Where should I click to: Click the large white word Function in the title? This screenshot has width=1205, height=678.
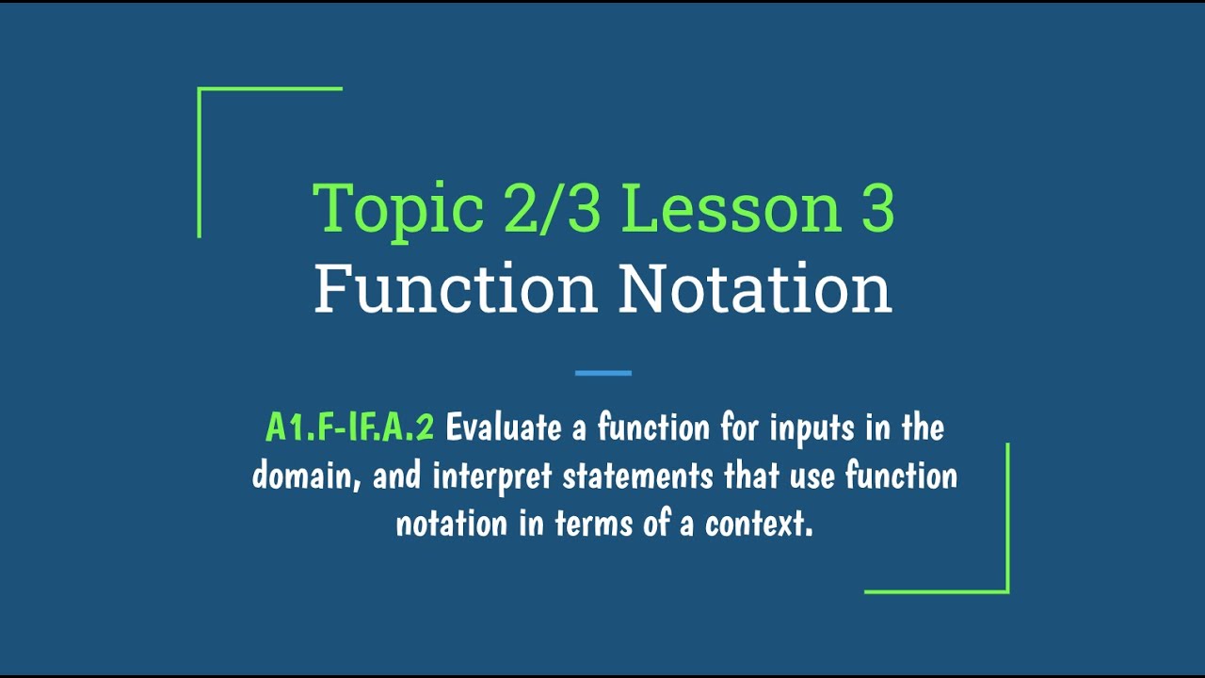click(x=456, y=289)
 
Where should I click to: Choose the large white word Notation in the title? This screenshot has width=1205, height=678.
click(x=755, y=289)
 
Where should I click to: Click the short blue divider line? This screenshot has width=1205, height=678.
click(x=602, y=373)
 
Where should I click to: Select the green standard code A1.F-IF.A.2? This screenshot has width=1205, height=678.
click(x=349, y=428)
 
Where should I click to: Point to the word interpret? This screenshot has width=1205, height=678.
click(x=492, y=476)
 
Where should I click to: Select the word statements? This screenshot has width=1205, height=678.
click(x=637, y=476)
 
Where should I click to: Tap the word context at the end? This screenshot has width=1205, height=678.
click(x=758, y=525)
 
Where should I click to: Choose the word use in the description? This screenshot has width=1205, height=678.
click(x=812, y=476)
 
